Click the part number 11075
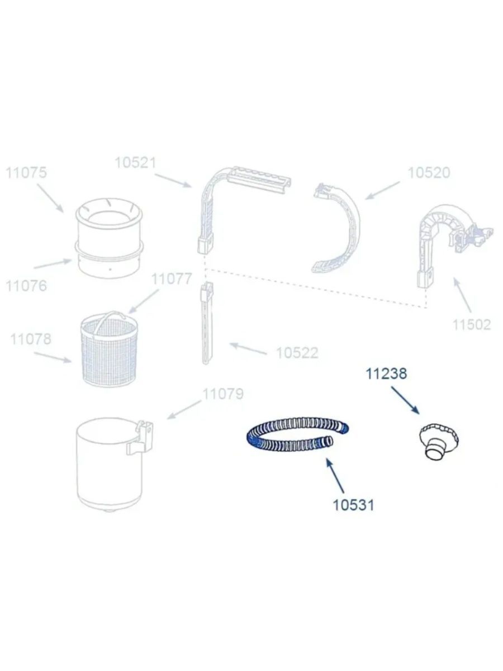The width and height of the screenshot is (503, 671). pyautogui.click(x=26, y=173)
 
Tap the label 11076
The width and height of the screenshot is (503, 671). pyautogui.click(x=26, y=286)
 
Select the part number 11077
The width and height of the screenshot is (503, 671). pyautogui.click(x=172, y=278)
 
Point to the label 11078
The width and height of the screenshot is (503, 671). pyautogui.click(x=31, y=339)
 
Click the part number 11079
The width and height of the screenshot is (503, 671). pyautogui.click(x=223, y=394)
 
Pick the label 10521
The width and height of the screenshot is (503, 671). pyautogui.click(x=135, y=163)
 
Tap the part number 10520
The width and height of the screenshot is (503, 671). pyautogui.click(x=429, y=173)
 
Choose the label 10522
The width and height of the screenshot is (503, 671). pyautogui.click(x=297, y=353)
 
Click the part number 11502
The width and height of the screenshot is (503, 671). pyautogui.click(x=471, y=324)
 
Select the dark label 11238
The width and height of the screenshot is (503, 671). pyautogui.click(x=386, y=374)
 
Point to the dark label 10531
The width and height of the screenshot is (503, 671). pyautogui.click(x=353, y=505)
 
